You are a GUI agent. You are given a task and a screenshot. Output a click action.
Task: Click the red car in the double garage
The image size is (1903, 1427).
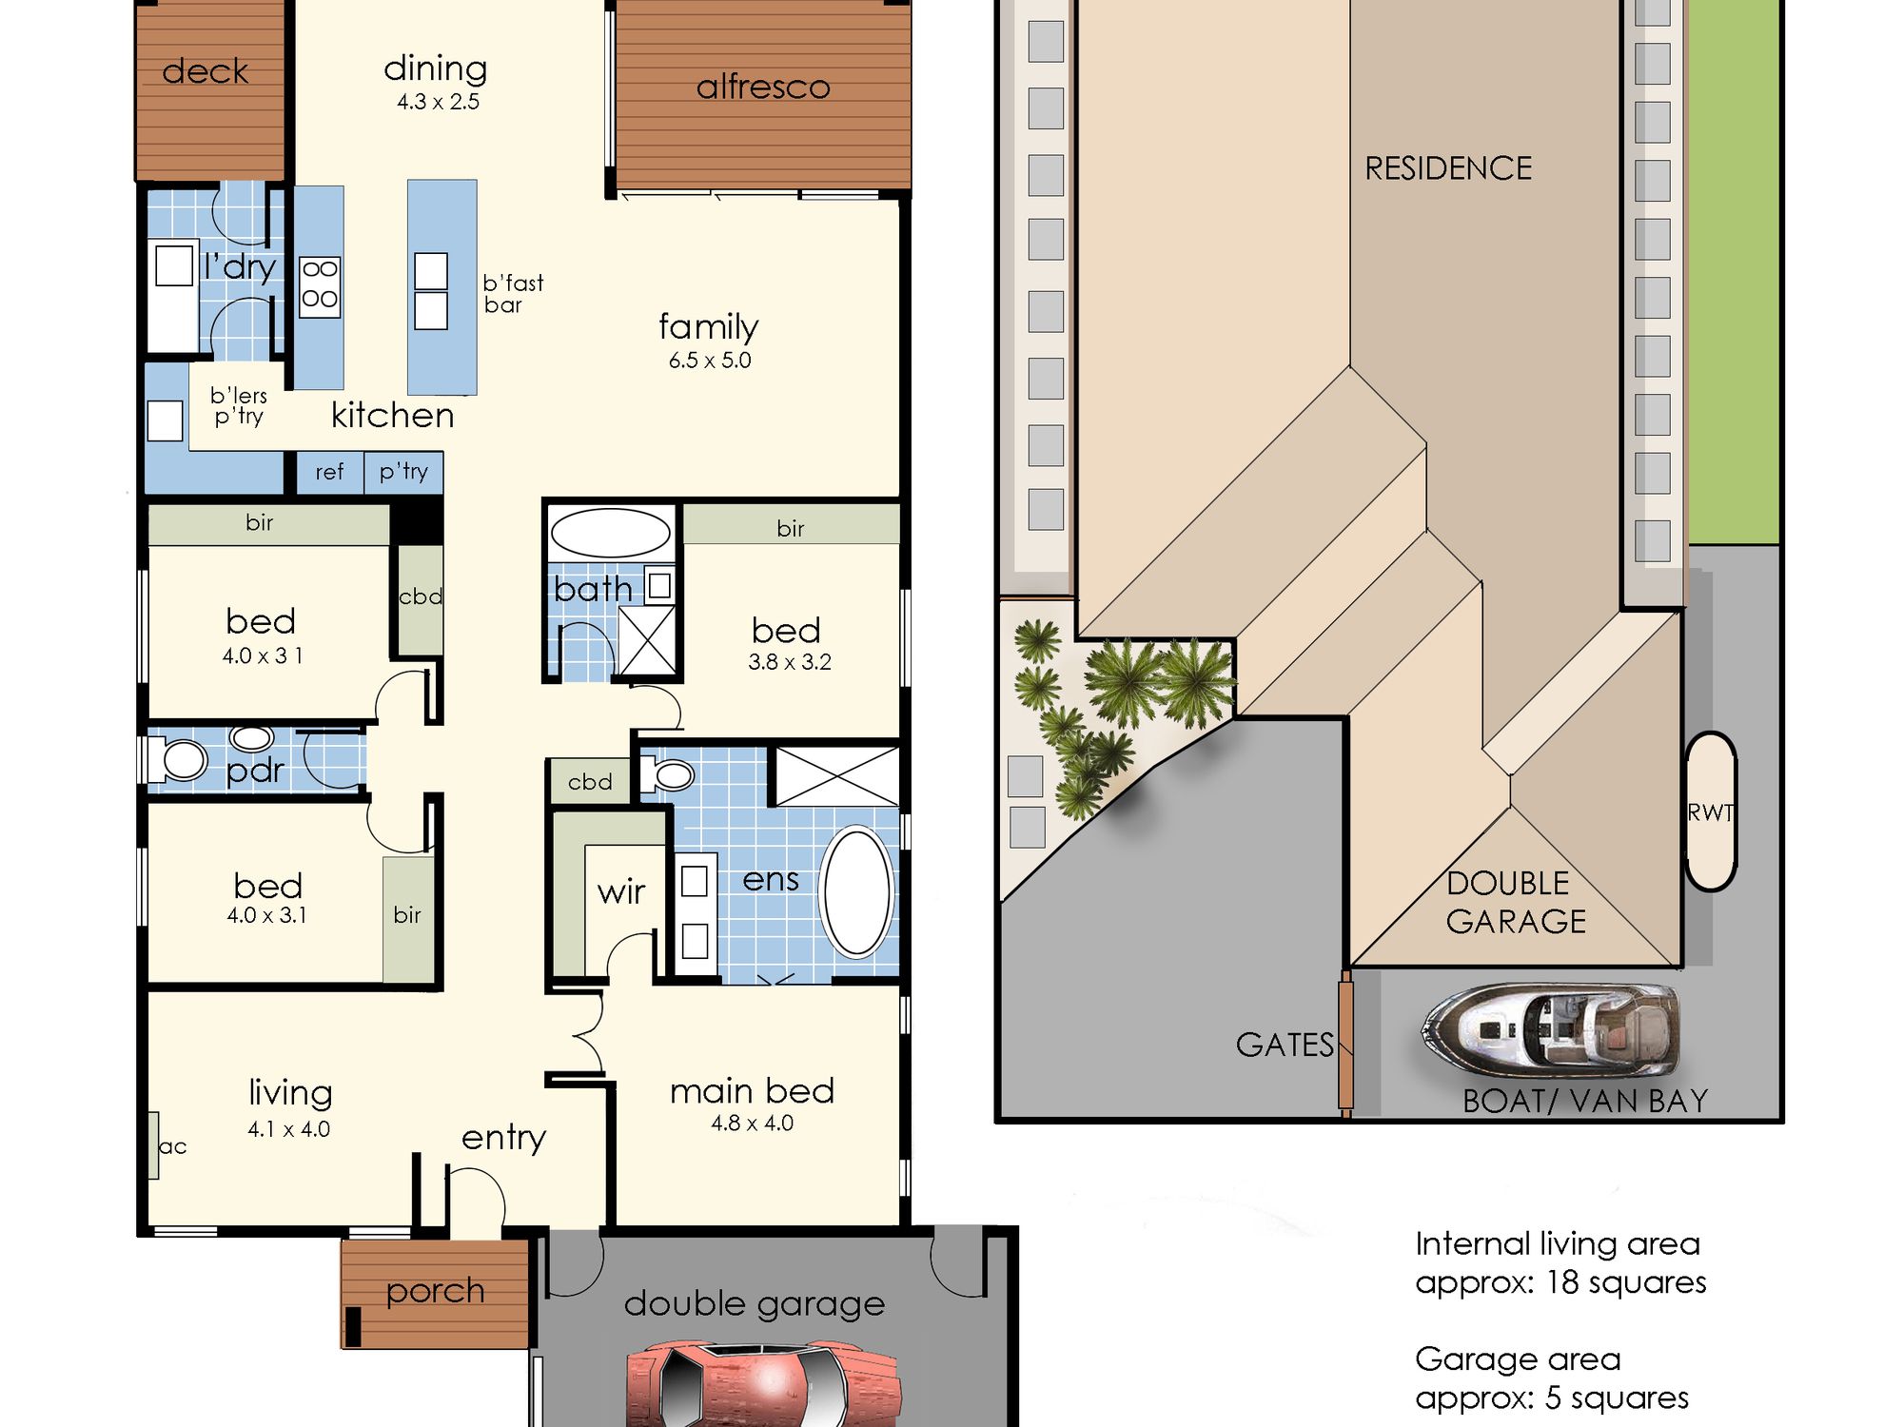click(763, 1384)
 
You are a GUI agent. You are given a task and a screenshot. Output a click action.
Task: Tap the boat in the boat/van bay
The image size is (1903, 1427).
click(1550, 1031)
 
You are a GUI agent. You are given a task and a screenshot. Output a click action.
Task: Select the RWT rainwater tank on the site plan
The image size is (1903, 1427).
click(1711, 811)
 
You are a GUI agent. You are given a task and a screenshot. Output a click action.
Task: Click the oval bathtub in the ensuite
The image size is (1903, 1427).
click(857, 891)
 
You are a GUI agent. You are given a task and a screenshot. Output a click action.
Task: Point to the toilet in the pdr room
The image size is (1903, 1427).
click(177, 760)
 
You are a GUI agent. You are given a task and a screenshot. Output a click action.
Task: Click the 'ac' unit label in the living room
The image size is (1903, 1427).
click(172, 1146)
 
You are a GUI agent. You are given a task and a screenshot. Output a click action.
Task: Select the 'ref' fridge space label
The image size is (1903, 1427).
click(329, 472)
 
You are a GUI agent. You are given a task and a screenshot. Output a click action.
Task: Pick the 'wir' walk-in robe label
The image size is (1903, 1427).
click(621, 892)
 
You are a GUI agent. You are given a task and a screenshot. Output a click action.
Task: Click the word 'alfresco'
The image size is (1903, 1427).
click(763, 88)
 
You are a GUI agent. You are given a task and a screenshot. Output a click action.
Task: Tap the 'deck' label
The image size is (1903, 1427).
click(206, 71)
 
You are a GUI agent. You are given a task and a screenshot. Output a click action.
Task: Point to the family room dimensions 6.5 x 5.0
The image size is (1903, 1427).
click(710, 361)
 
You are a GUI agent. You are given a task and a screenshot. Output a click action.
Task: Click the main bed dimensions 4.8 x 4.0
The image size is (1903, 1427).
click(752, 1124)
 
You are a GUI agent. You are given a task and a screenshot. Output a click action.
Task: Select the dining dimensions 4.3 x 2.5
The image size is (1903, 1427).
click(438, 102)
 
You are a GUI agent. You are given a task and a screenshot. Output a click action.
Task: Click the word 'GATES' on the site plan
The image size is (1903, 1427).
click(1285, 1045)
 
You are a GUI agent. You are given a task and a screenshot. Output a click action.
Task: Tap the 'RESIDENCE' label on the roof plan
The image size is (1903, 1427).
click(1448, 168)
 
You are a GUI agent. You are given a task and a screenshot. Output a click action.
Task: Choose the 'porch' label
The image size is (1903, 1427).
click(435, 1293)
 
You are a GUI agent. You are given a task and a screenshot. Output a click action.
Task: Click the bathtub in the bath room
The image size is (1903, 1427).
click(611, 533)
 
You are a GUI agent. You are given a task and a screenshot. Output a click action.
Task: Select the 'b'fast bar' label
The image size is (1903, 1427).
click(513, 294)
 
